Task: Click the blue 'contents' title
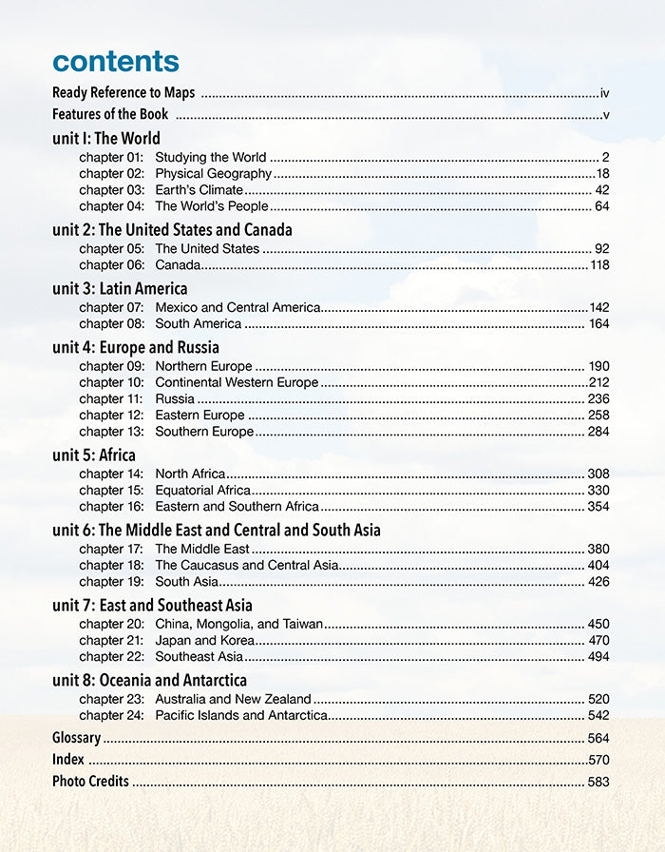[115, 61]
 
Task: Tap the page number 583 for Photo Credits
[598, 783]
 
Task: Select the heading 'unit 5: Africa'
[94, 455]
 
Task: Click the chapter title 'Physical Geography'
[214, 174]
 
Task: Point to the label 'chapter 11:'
[111, 399]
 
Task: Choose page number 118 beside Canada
[599, 265]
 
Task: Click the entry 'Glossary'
[76, 738]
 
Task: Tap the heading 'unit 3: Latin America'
[120, 288]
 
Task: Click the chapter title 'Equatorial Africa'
[203, 491]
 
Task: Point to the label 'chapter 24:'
[111, 715]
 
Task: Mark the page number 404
[598, 566]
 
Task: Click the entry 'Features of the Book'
[110, 115]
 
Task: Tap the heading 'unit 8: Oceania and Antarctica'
[149, 680]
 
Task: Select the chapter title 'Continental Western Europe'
[237, 383]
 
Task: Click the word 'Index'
[68, 760]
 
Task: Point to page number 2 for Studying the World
[605, 158]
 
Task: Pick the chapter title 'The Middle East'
[202, 549]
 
